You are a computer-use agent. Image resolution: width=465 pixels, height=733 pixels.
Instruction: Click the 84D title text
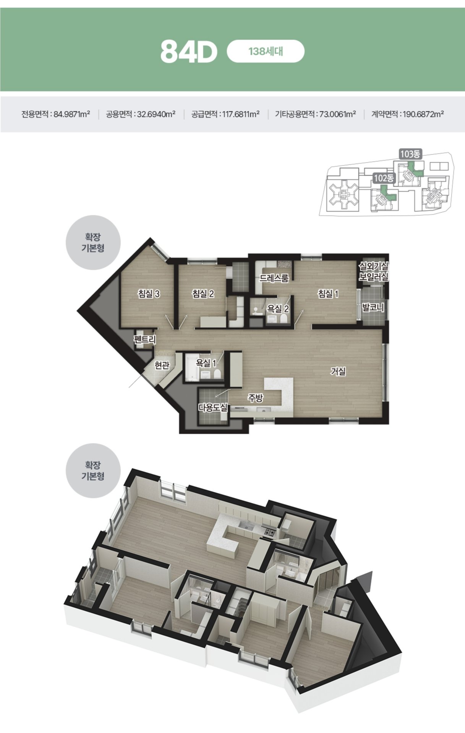click(189, 52)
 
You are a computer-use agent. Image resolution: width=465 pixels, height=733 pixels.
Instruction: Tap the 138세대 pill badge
click(266, 51)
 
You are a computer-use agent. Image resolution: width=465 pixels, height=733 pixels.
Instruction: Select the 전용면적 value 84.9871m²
click(72, 114)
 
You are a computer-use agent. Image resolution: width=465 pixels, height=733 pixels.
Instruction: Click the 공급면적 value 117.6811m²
click(241, 114)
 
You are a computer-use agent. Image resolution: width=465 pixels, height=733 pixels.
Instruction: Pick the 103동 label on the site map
click(410, 154)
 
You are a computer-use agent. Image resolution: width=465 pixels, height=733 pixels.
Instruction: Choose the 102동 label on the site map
click(384, 178)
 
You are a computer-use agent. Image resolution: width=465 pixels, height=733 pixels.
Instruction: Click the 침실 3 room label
click(149, 294)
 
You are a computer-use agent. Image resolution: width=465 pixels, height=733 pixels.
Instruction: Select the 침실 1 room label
click(328, 294)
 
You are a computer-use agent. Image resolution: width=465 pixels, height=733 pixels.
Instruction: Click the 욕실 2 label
click(278, 308)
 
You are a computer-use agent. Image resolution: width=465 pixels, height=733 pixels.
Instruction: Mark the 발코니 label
click(373, 307)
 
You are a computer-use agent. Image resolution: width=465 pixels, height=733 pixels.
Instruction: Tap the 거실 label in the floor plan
click(338, 371)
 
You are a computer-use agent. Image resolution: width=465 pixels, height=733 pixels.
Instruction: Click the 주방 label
click(255, 398)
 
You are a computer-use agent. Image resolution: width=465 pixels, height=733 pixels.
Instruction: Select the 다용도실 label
click(213, 407)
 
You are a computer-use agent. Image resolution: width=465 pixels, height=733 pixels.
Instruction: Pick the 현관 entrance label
click(162, 365)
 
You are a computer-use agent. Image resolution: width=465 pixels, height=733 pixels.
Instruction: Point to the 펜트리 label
click(145, 339)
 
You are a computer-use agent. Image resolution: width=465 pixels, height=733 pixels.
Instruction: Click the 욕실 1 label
click(206, 363)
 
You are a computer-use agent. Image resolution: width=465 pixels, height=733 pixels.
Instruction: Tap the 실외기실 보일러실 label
click(373, 271)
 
